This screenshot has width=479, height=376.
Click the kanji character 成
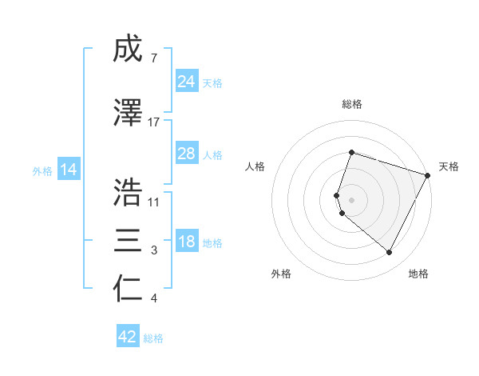(x=129, y=50)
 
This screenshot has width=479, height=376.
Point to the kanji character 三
(x=129, y=241)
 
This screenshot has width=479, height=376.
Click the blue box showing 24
(x=187, y=82)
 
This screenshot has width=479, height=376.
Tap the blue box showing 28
(x=187, y=154)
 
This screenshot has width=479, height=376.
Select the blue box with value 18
(x=187, y=242)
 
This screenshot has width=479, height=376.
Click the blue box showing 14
(x=69, y=170)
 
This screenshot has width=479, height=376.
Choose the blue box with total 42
(x=128, y=337)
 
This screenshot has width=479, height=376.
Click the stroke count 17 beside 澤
(x=154, y=122)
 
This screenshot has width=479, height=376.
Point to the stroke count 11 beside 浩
(x=154, y=202)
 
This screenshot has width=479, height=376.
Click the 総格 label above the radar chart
(x=352, y=104)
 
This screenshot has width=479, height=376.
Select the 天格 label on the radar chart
(x=449, y=166)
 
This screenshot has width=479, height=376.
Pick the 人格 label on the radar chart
(x=255, y=166)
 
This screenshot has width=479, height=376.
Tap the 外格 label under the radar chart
(x=282, y=274)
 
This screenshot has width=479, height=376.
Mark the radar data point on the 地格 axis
(x=390, y=253)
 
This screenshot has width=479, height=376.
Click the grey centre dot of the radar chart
(x=352, y=199)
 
